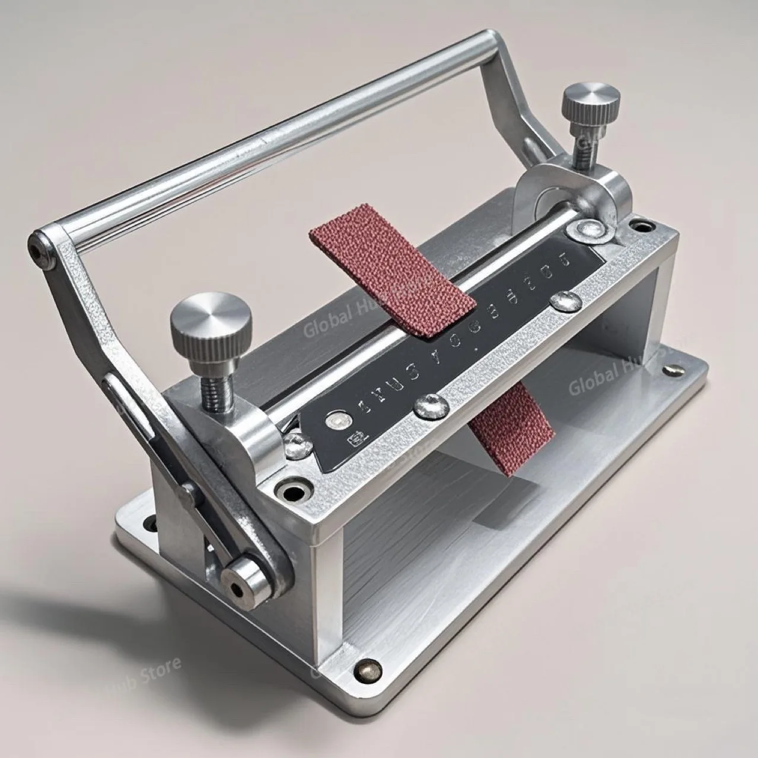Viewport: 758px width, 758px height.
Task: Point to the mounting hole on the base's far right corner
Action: [x=671, y=371]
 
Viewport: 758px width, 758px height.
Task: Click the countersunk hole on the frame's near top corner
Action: [x=294, y=491]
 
